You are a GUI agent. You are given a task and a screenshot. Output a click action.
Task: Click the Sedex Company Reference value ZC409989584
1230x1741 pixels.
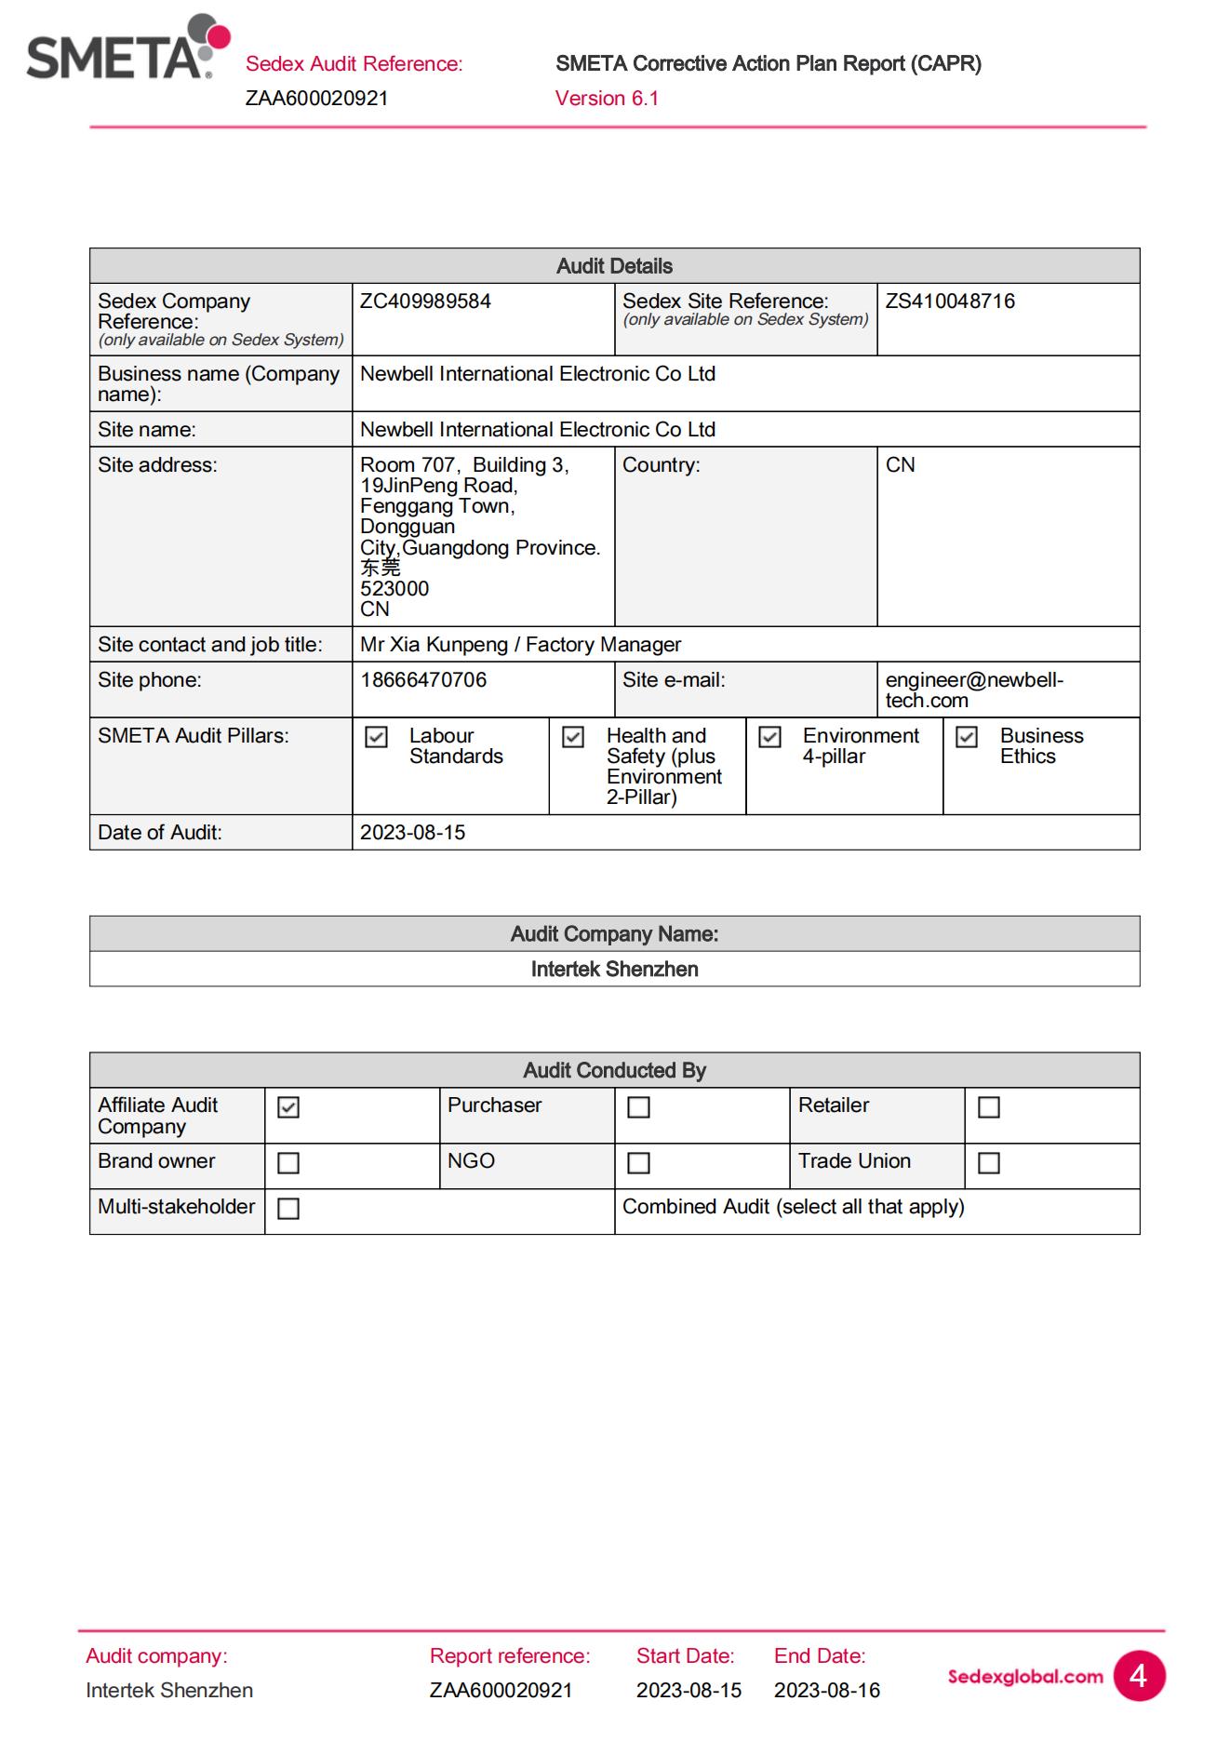(425, 301)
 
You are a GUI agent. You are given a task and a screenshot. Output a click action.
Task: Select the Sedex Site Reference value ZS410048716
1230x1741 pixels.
(949, 301)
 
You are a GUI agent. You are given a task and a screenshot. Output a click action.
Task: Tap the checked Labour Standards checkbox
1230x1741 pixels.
(376, 737)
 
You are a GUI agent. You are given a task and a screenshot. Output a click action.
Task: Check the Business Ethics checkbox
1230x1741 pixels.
(967, 737)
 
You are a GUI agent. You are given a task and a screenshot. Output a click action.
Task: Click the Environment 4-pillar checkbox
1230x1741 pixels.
(769, 737)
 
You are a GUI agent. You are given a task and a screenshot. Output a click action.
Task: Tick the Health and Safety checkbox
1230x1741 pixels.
(573, 737)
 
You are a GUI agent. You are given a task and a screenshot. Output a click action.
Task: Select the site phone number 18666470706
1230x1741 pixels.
(423, 680)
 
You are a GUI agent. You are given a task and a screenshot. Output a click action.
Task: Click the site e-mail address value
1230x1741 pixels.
(973, 690)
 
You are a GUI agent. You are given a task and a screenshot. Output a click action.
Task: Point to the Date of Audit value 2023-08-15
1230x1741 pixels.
(412, 833)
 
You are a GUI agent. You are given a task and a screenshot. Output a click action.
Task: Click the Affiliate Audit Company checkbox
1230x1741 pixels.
(288, 1107)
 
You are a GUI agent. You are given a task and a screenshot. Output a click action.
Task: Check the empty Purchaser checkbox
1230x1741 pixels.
(638, 1107)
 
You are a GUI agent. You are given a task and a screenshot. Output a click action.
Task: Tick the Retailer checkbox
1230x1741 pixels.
(989, 1107)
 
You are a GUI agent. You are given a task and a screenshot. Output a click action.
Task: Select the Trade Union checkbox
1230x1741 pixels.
(989, 1163)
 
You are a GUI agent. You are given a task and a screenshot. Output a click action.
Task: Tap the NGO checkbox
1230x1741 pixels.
(638, 1163)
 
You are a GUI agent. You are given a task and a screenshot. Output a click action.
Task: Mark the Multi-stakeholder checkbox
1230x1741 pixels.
(288, 1209)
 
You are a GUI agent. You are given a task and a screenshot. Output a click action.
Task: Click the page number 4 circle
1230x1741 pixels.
(1138, 1676)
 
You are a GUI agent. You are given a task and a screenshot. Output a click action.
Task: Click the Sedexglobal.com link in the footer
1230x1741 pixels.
(1024, 1677)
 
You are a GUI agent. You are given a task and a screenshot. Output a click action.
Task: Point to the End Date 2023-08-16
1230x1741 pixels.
(826, 1691)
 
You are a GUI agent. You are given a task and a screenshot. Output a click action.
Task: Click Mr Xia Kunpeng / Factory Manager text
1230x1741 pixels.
(520, 645)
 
